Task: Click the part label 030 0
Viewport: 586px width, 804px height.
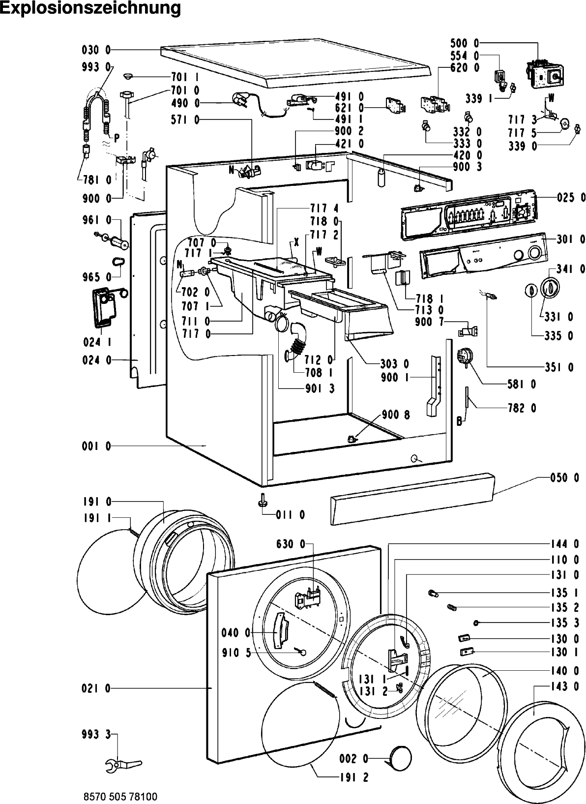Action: [x=96, y=50]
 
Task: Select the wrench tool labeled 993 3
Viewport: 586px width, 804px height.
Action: [x=123, y=767]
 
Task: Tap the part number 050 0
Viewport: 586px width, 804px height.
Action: [x=565, y=478]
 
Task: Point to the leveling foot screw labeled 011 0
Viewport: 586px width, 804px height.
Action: [x=262, y=499]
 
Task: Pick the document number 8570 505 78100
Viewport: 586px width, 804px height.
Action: [x=120, y=797]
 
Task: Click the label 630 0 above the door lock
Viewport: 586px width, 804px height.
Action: [x=291, y=544]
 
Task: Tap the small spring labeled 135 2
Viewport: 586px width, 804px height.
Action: [x=452, y=607]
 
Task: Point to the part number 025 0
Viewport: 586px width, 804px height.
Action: [x=571, y=197]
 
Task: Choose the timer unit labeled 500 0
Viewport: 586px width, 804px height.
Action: [x=544, y=75]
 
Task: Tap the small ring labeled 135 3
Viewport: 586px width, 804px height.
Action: [x=476, y=623]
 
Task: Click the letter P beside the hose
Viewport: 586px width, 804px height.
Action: [x=117, y=139]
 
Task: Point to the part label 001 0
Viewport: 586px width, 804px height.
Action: [x=96, y=446]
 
